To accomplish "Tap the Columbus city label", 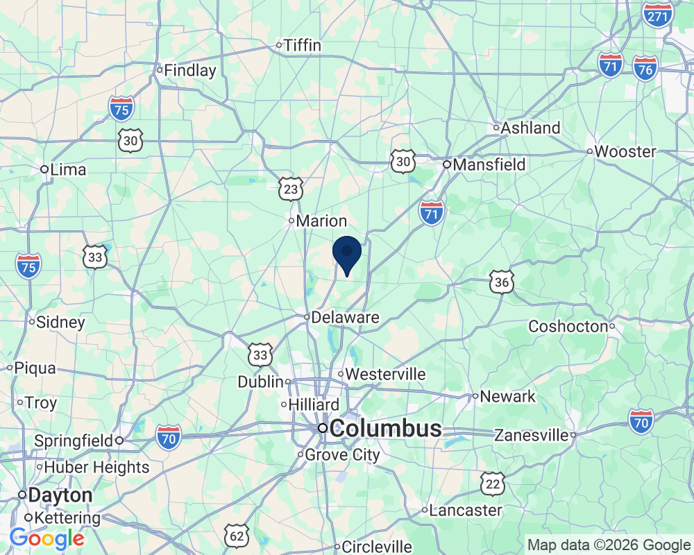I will [385, 428].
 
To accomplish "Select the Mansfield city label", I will [489, 165].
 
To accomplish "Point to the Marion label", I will [321, 221].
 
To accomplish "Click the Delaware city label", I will [345, 318].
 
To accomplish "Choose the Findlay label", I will [190, 70].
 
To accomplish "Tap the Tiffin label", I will [303, 46].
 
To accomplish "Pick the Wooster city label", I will [625, 151].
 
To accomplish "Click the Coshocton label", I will [568, 326].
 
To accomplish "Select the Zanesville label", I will [532, 436].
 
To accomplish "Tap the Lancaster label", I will [466, 511].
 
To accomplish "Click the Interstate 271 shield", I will [658, 13].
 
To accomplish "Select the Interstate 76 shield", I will [645, 69].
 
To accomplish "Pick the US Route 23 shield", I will [292, 188].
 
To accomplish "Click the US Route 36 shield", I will [501, 282].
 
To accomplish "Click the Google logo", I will [46, 538].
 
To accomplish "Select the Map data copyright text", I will [609, 545].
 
